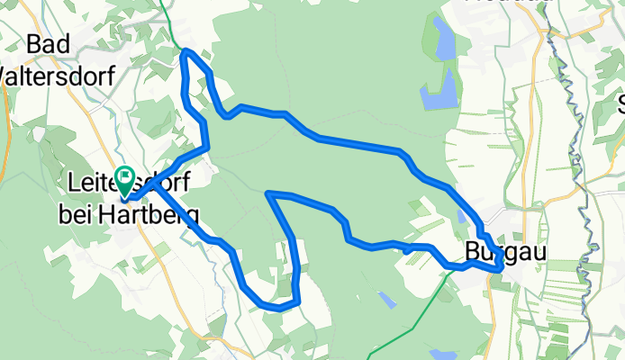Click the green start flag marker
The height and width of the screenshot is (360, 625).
[x=123, y=179]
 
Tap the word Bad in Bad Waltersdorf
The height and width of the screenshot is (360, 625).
[x=50, y=44]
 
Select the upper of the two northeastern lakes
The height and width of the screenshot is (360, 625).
[x=444, y=38]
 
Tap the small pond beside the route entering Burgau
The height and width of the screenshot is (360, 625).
[x=462, y=217]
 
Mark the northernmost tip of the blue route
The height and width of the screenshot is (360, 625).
[x=186, y=51]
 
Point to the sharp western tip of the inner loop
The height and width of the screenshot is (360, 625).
[x=268, y=193]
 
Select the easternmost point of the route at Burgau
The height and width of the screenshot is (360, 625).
[x=502, y=265]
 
